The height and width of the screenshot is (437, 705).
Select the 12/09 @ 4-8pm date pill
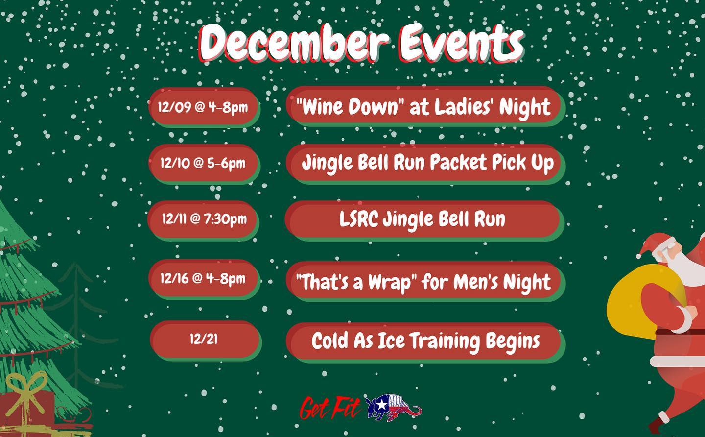click(204, 107)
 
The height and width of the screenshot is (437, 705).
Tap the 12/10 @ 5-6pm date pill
click(204, 164)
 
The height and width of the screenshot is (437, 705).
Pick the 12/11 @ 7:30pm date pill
click(204, 219)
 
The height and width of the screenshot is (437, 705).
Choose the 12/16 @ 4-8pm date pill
click(204, 279)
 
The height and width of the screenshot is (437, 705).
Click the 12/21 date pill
click(205, 340)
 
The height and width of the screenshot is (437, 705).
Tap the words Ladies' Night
click(492, 107)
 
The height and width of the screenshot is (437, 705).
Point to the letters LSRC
click(358, 219)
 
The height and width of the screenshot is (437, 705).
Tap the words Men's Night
click(502, 281)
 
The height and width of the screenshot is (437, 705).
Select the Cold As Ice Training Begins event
click(425, 341)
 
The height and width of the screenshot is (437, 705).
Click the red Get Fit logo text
click(329, 408)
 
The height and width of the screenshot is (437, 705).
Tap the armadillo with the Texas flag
click(394, 408)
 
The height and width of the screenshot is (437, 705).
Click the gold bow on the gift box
click(25, 392)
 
